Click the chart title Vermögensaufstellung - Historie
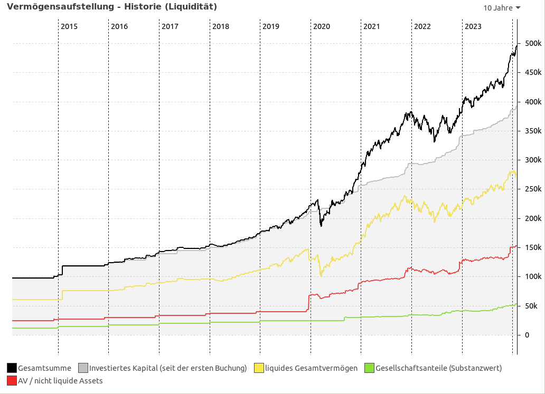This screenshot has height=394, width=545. coord(111,7)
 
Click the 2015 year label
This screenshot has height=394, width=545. coord(69,26)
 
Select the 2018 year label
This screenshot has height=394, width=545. coord(220,26)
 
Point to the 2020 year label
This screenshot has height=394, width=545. coord(321,26)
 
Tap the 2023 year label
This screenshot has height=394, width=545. coord(473,26)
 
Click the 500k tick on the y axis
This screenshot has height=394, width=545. coord(531,43)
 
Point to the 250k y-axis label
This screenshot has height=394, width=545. coord(531,189)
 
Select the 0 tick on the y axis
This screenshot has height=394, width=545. coord(527,335)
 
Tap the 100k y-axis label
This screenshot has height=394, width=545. coord(531,277)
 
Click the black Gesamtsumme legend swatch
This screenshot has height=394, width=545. coord(12,368)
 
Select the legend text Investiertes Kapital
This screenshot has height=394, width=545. coord(168,368)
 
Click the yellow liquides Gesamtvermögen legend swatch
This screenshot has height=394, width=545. coord(259,368)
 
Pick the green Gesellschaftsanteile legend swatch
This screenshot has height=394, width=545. coord(369,368)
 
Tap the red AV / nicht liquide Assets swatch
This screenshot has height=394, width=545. coord(12,380)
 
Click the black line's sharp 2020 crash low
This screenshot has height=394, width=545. coord(321,226)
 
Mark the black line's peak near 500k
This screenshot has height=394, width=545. coord(516,46)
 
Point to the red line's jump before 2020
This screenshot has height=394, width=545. coord(309,303)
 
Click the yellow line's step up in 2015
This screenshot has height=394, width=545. coord(62,295)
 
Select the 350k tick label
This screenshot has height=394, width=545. coord(531,131)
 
